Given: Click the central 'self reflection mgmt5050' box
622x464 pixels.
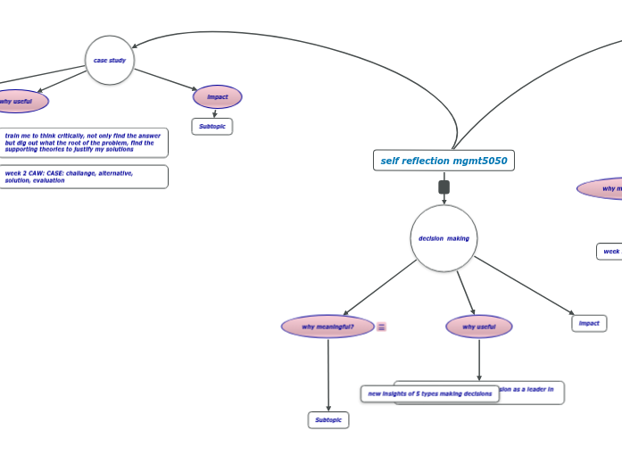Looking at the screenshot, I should click(x=444, y=161).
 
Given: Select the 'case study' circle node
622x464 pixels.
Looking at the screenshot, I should click(x=110, y=61).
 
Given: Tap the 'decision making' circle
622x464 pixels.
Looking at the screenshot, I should click(x=444, y=238).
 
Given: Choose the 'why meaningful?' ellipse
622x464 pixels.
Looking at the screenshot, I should click(x=328, y=327).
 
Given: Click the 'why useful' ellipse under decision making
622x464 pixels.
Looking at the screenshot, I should click(x=479, y=327).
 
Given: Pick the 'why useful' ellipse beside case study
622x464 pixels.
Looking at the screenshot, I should click(x=16, y=102).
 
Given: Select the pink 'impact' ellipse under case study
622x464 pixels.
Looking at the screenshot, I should click(x=218, y=97).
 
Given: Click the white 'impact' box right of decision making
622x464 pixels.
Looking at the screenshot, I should click(x=589, y=323).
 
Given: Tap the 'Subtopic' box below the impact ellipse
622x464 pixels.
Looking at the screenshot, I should click(x=212, y=127).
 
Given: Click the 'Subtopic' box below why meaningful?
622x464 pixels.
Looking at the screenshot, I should click(x=328, y=420).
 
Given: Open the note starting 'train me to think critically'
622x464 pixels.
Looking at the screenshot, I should click(x=83, y=143).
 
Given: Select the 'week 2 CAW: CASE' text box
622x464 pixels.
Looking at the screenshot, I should click(x=83, y=177).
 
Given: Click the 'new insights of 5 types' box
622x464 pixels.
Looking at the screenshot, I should click(x=429, y=394).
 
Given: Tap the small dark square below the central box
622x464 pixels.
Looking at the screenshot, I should click(x=444, y=187).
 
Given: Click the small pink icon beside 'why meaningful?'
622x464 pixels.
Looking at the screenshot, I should click(x=382, y=327).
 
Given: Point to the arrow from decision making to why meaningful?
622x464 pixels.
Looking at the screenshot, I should click(x=379, y=287).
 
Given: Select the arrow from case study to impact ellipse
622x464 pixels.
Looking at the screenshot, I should click(x=165, y=79).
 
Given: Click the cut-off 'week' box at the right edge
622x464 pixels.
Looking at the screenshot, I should click(x=610, y=252).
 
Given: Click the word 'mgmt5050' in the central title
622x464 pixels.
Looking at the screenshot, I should click(x=480, y=161).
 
